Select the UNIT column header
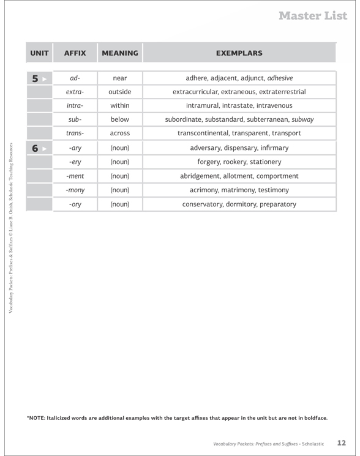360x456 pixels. tap(39, 53)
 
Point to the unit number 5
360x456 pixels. tap(36, 78)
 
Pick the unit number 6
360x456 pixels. tap(36, 148)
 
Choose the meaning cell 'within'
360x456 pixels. tap(120, 105)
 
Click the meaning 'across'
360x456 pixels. tap(120, 133)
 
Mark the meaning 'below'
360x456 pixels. tap(120, 119)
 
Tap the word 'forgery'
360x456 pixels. tap(212, 162)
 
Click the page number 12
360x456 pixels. tap(342, 441)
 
